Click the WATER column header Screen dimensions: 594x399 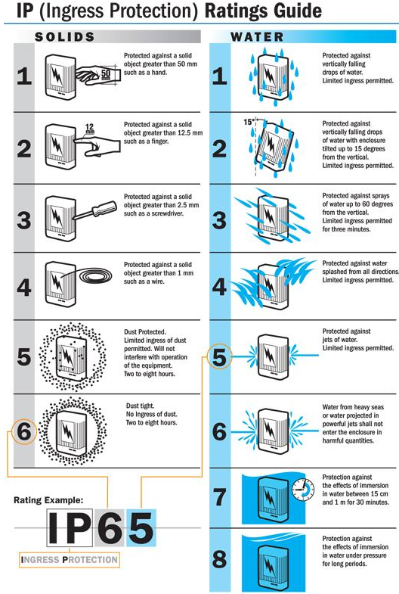point(258,36)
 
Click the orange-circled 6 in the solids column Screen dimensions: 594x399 point(24,432)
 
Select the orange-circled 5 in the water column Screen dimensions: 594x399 point(219,356)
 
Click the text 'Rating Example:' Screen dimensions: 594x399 point(48,500)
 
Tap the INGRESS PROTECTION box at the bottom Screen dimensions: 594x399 point(70,560)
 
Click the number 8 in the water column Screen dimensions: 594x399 point(219,560)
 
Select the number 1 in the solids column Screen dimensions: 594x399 point(24,77)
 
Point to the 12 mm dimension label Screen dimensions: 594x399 point(89,129)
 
